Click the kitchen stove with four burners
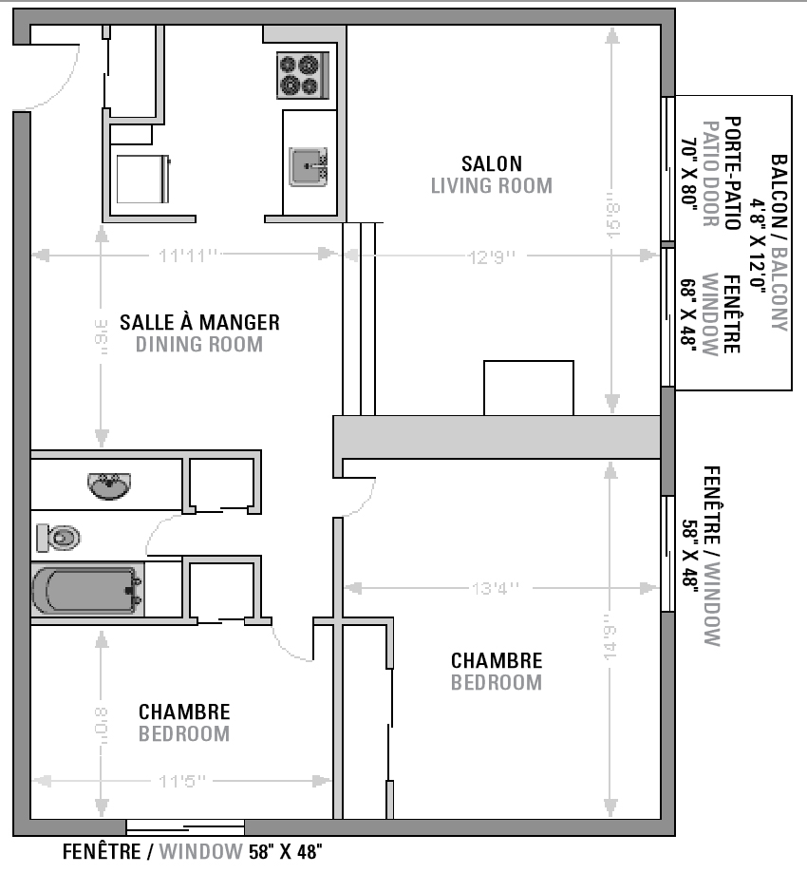[x=304, y=76]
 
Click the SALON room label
[x=491, y=164]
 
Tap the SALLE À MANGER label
[x=199, y=322]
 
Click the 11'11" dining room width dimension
[x=189, y=255]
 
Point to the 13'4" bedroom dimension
[x=495, y=588]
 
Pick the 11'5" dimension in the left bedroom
[x=182, y=782]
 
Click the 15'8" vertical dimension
[x=614, y=217]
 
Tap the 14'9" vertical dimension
[x=610, y=651]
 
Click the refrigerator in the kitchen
[x=142, y=179]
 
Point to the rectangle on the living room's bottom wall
[x=529, y=388]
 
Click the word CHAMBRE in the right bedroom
[x=497, y=660]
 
